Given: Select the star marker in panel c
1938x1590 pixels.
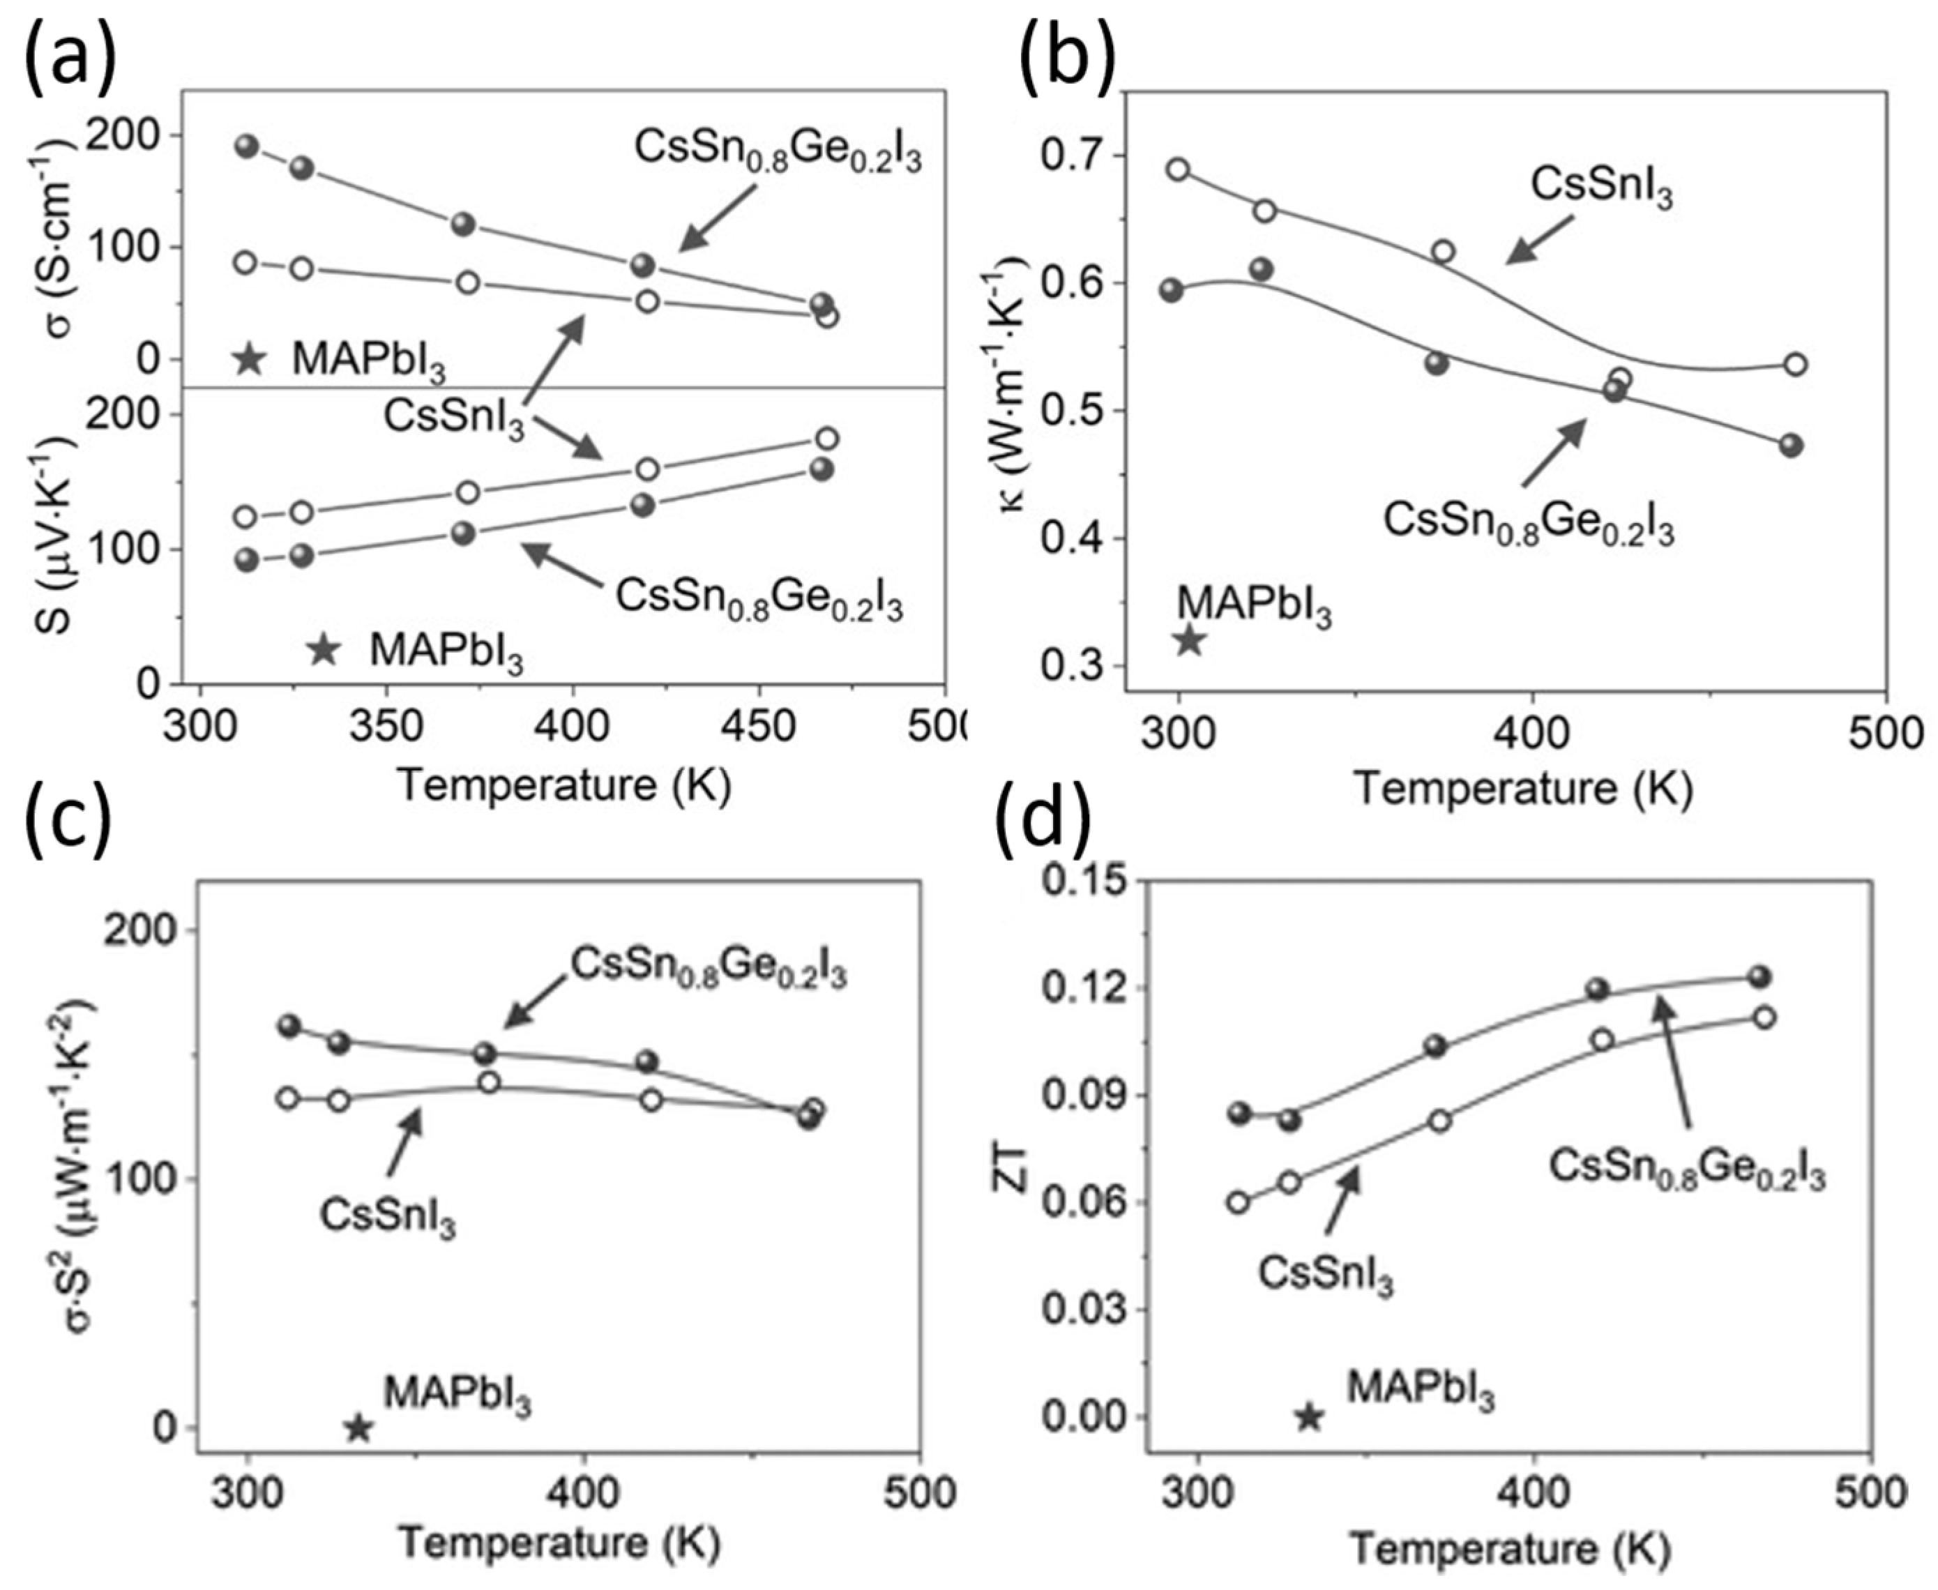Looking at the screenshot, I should tap(358, 1428).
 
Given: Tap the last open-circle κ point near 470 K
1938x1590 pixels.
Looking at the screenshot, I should tap(1795, 365).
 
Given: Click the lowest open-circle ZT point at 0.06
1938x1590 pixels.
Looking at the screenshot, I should tap(1239, 1202).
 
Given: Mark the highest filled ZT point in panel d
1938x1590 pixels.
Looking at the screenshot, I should tap(1759, 976).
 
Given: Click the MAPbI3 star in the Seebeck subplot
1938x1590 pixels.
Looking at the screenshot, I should tap(322, 649).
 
